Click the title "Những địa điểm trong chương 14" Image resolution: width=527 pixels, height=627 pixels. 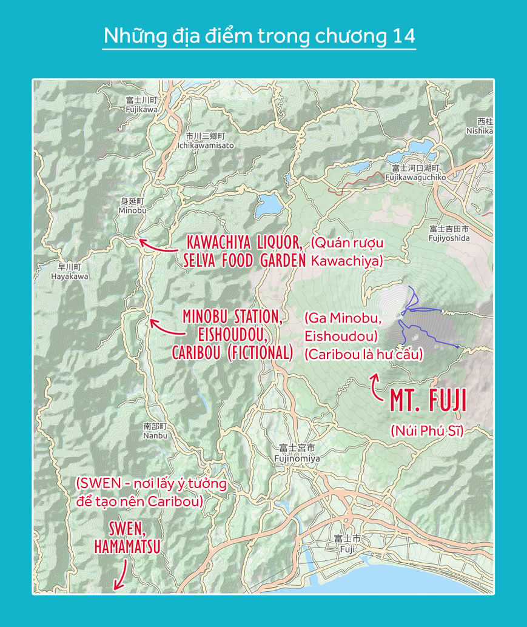point(259,36)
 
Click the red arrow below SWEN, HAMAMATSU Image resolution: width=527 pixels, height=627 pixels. point(120,574)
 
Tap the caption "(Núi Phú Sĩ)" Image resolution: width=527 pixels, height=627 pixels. point(426,431)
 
